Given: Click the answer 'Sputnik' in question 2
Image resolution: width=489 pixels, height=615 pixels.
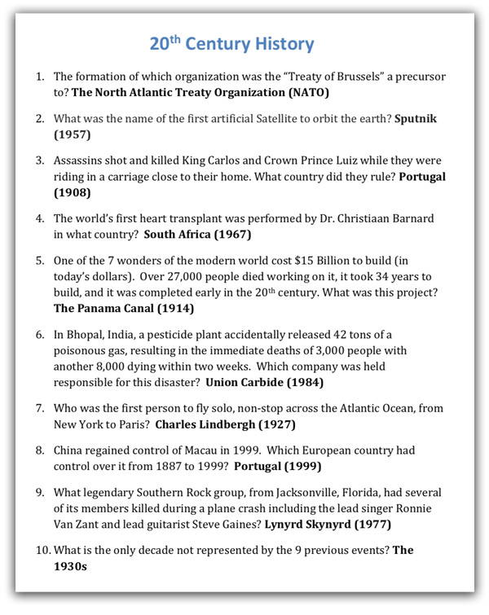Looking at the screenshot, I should (416, 119).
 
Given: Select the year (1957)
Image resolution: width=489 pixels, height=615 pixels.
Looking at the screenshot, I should (73, 134).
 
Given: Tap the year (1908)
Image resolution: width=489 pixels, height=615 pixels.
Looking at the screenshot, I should (73, 193).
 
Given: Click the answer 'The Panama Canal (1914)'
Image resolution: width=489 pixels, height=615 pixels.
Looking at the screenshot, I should (124, 309).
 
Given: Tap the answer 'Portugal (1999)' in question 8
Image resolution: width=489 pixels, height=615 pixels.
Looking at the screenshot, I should (277, 467).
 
